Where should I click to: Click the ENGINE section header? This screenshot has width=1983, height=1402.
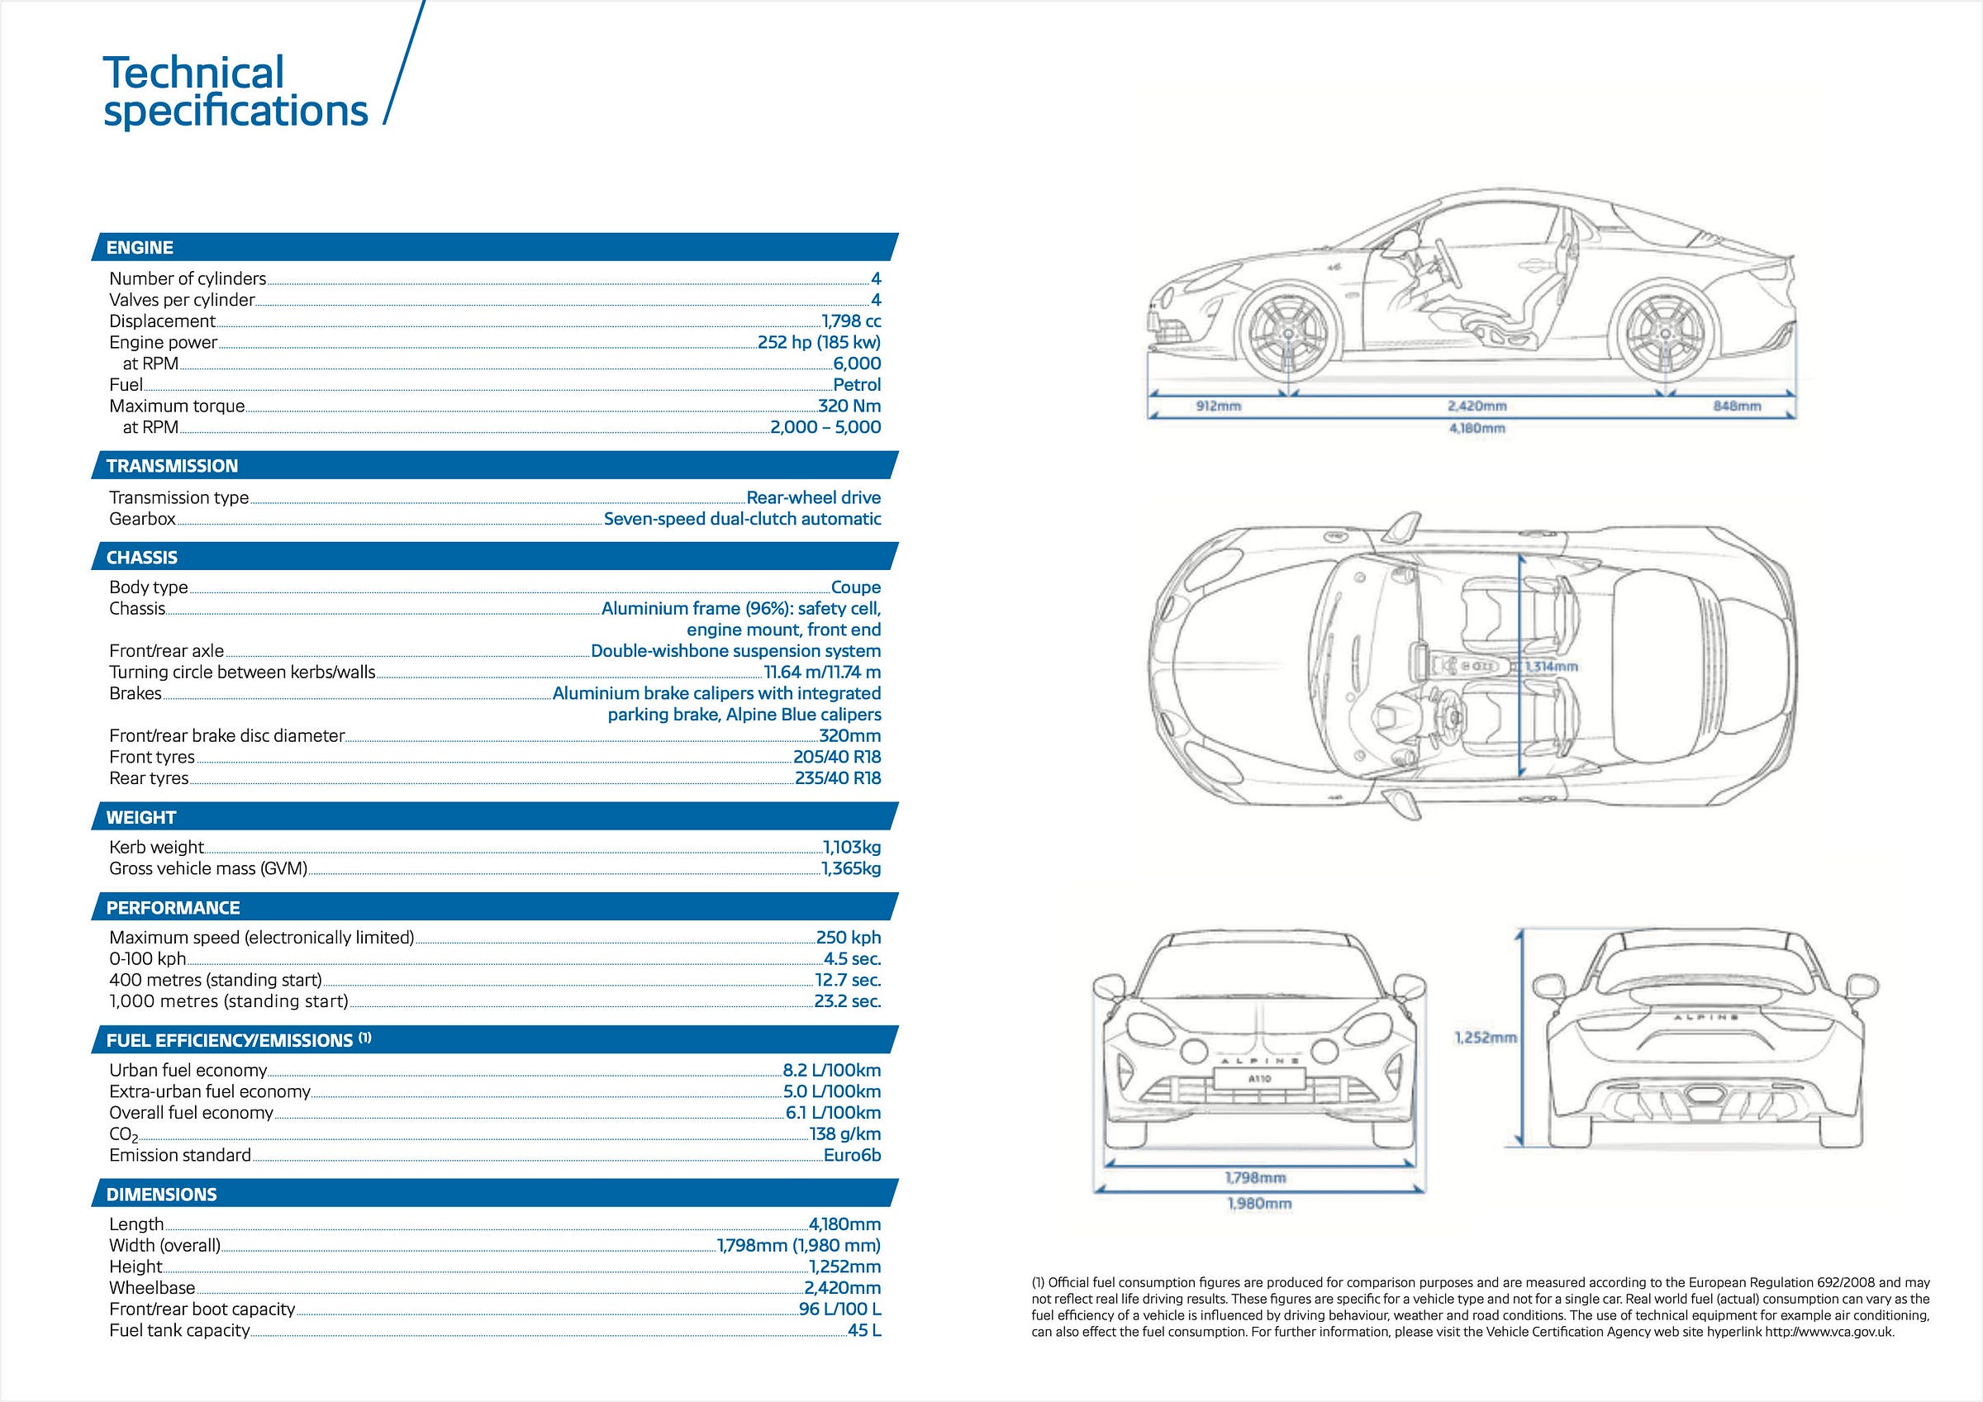(140, 248)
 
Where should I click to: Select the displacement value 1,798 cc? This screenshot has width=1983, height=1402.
(851, 321)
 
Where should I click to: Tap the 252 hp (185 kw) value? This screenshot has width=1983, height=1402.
(819, 342)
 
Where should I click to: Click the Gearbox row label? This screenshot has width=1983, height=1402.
(142, 519)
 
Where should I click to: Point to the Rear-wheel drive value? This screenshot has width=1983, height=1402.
(814, 497)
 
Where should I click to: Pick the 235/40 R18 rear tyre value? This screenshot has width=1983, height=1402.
(838, 778)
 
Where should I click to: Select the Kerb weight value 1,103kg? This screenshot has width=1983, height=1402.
(852, 848)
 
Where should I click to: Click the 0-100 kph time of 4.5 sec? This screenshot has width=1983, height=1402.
(852, 959)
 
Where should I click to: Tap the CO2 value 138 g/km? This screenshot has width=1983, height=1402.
(844, 1134)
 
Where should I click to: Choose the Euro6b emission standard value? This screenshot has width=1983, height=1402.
(852, 1156)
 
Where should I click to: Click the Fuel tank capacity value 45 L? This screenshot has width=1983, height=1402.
(863, 1331)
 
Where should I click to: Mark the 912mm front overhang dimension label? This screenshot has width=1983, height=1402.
(1218, 406)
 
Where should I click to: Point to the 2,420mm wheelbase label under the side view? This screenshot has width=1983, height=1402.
(1477, 406)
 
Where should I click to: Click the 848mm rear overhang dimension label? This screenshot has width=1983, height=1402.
(1737, 406)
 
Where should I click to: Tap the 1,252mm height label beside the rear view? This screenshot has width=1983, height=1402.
(1486, 1038)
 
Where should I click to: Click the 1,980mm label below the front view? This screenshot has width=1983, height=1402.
(1259, 1204)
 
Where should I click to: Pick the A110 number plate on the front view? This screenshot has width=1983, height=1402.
(1259, 1079)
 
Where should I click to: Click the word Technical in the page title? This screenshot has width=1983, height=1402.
(193, 73)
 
